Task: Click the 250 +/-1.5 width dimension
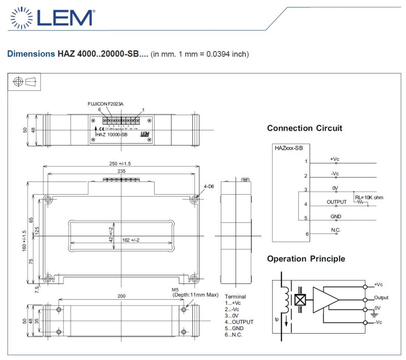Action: point(119,163)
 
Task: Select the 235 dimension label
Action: point(121,172)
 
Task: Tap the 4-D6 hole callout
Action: point(209,187)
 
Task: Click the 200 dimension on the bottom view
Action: point(121,296)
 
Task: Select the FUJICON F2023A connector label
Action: point(106,103)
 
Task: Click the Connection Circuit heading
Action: point(304,128)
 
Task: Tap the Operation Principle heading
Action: point(306,259)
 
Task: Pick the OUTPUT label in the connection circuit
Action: point(336,202)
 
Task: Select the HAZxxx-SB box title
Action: point(289,148)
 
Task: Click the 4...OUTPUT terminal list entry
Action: point(239,322)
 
